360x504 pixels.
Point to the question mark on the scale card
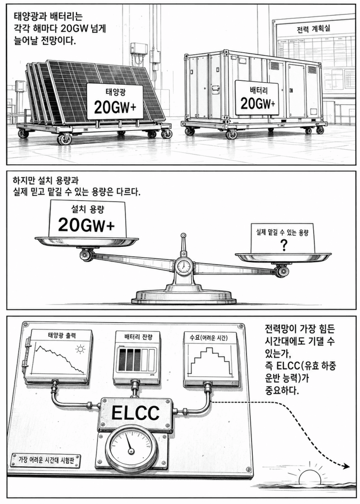[284, 246]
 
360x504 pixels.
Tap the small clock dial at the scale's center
[183, 266]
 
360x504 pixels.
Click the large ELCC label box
[136, 413]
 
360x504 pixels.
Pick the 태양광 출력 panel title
[62, 335]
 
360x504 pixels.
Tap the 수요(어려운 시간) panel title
[209, 338]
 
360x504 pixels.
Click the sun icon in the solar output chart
[80, 349]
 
